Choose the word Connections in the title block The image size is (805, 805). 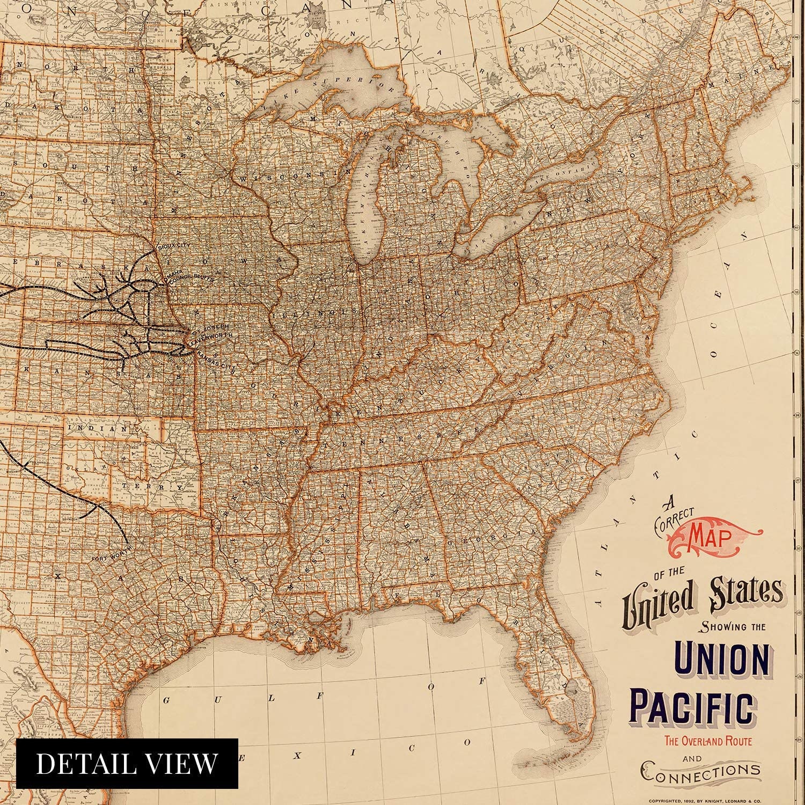[x=700, y=772]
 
